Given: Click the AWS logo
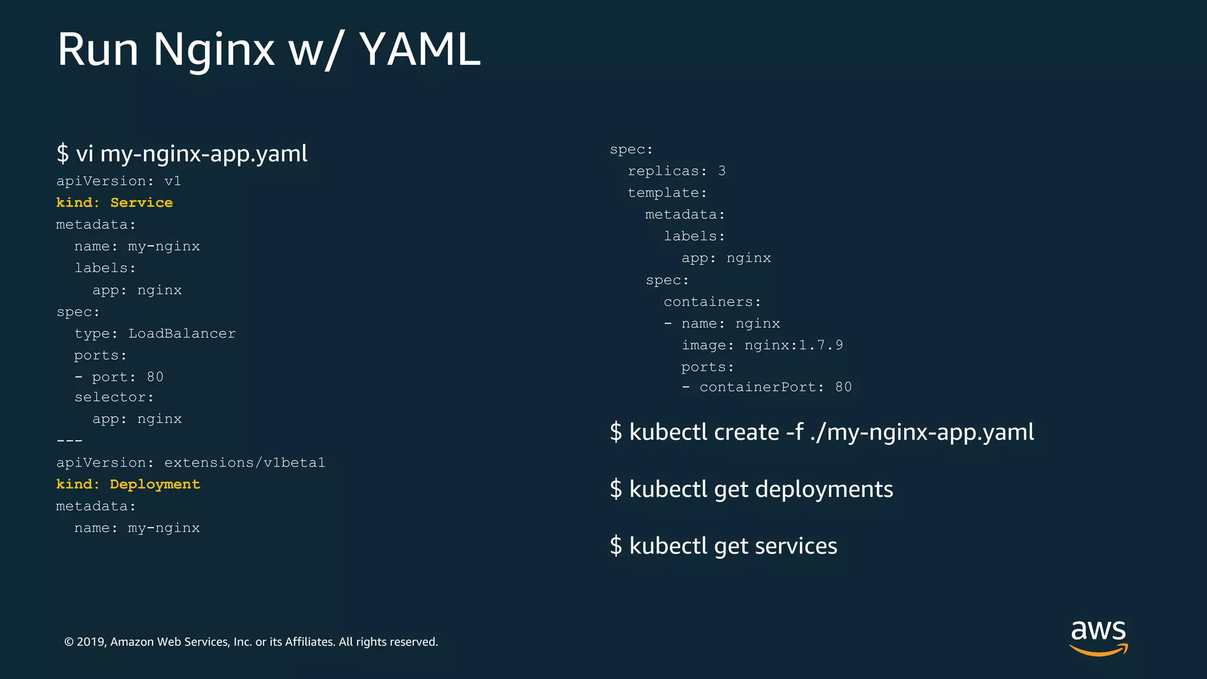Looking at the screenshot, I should pos(1098,637).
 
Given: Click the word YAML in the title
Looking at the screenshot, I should pos(420,50).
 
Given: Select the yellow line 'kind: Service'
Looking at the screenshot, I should pos(114,203).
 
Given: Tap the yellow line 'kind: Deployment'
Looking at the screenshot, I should pos(128,484).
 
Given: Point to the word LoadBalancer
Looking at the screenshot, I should pos(182,334).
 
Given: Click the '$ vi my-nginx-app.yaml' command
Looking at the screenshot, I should pos(182,154).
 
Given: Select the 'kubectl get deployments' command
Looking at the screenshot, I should pos(751,489).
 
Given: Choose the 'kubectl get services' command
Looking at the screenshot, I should pos(723,546).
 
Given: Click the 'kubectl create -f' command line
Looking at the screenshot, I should pos(822,432).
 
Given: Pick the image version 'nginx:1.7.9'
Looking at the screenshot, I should pos(793,345).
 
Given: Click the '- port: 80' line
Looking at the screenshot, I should pos(119,377).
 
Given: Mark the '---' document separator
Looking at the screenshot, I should pos(70,441).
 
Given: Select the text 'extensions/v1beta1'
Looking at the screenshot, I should pos(245,463).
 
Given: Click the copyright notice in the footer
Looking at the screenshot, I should pos(251,642).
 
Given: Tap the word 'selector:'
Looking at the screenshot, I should pos(114,398).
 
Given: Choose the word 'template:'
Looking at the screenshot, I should pos(667,193).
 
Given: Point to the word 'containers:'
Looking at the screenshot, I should pos(712,302).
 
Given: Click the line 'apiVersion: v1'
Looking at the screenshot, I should pos(118,181).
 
